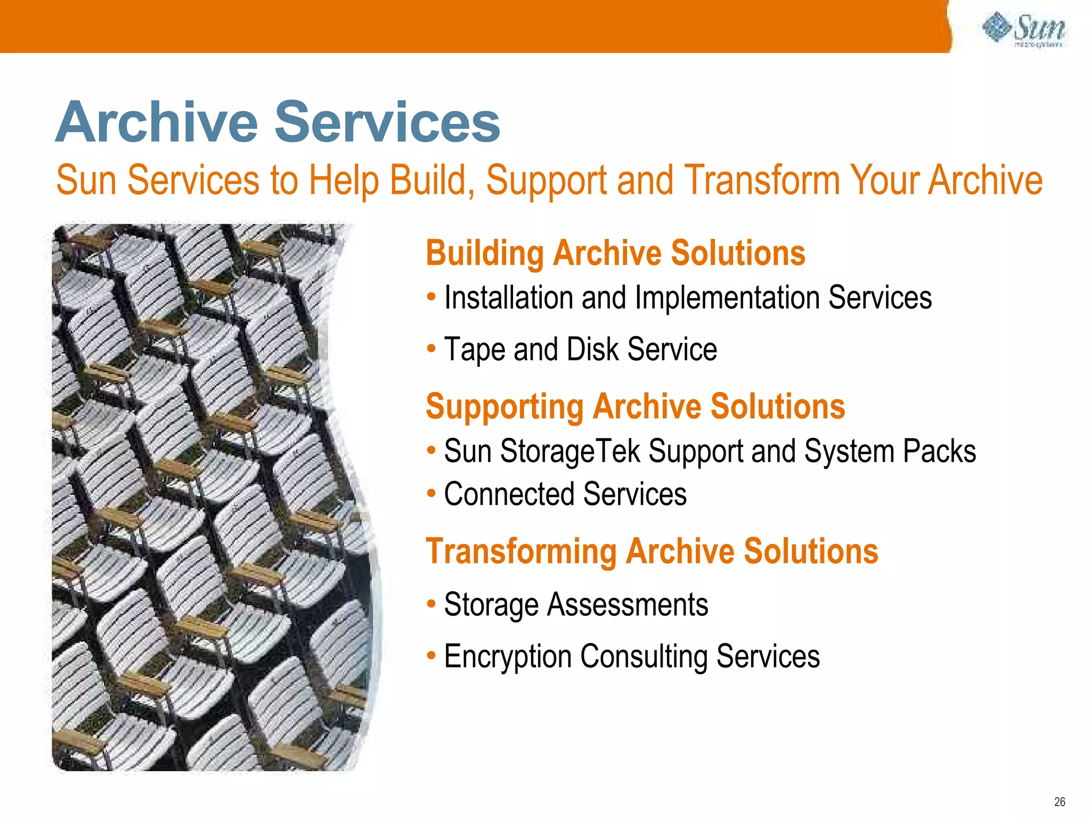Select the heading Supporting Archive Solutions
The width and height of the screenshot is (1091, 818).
pos(635,406)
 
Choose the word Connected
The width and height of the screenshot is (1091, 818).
pos(509,494)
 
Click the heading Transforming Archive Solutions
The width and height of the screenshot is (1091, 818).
pos(652,551)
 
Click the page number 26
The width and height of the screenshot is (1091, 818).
pos(1060,802)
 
